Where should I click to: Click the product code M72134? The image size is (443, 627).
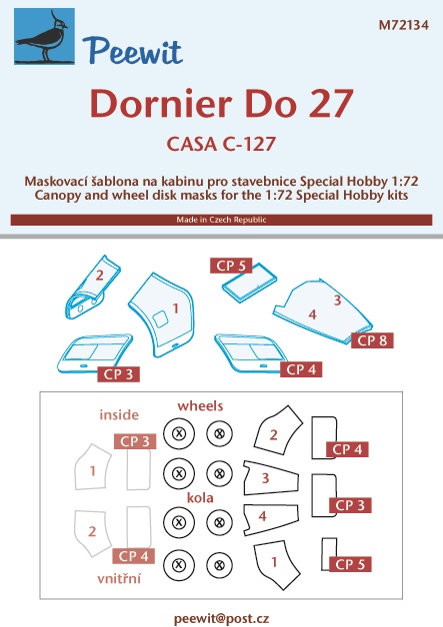click(403, 25)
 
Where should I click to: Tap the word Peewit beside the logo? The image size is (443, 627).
click(133, 51)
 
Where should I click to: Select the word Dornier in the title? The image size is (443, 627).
click(161, 104)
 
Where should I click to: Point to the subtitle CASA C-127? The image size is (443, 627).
click(221, 144)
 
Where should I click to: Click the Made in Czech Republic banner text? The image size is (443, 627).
click(221, 220)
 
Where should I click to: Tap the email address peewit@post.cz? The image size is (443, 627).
click(222, 618)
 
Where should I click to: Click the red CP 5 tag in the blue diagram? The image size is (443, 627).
click(231, 266)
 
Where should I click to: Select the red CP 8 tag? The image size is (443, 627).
click(372, 340)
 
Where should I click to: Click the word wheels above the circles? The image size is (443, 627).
click(200, 406)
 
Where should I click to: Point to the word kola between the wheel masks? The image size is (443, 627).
click(200, 498)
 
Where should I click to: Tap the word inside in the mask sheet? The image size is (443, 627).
click(119, 414)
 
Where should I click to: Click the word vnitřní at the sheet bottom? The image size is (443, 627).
click(119, 579)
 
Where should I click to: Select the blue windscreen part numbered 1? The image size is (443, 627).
click(164, 313)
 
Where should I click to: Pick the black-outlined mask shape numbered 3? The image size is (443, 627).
click(272, 478)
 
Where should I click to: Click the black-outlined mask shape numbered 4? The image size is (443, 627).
click(271, 519)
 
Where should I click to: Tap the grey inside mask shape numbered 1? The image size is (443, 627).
click(93, 467)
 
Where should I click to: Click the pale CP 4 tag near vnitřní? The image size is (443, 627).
click(133, 556)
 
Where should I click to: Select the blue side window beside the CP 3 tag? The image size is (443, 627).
click(95, 353)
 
